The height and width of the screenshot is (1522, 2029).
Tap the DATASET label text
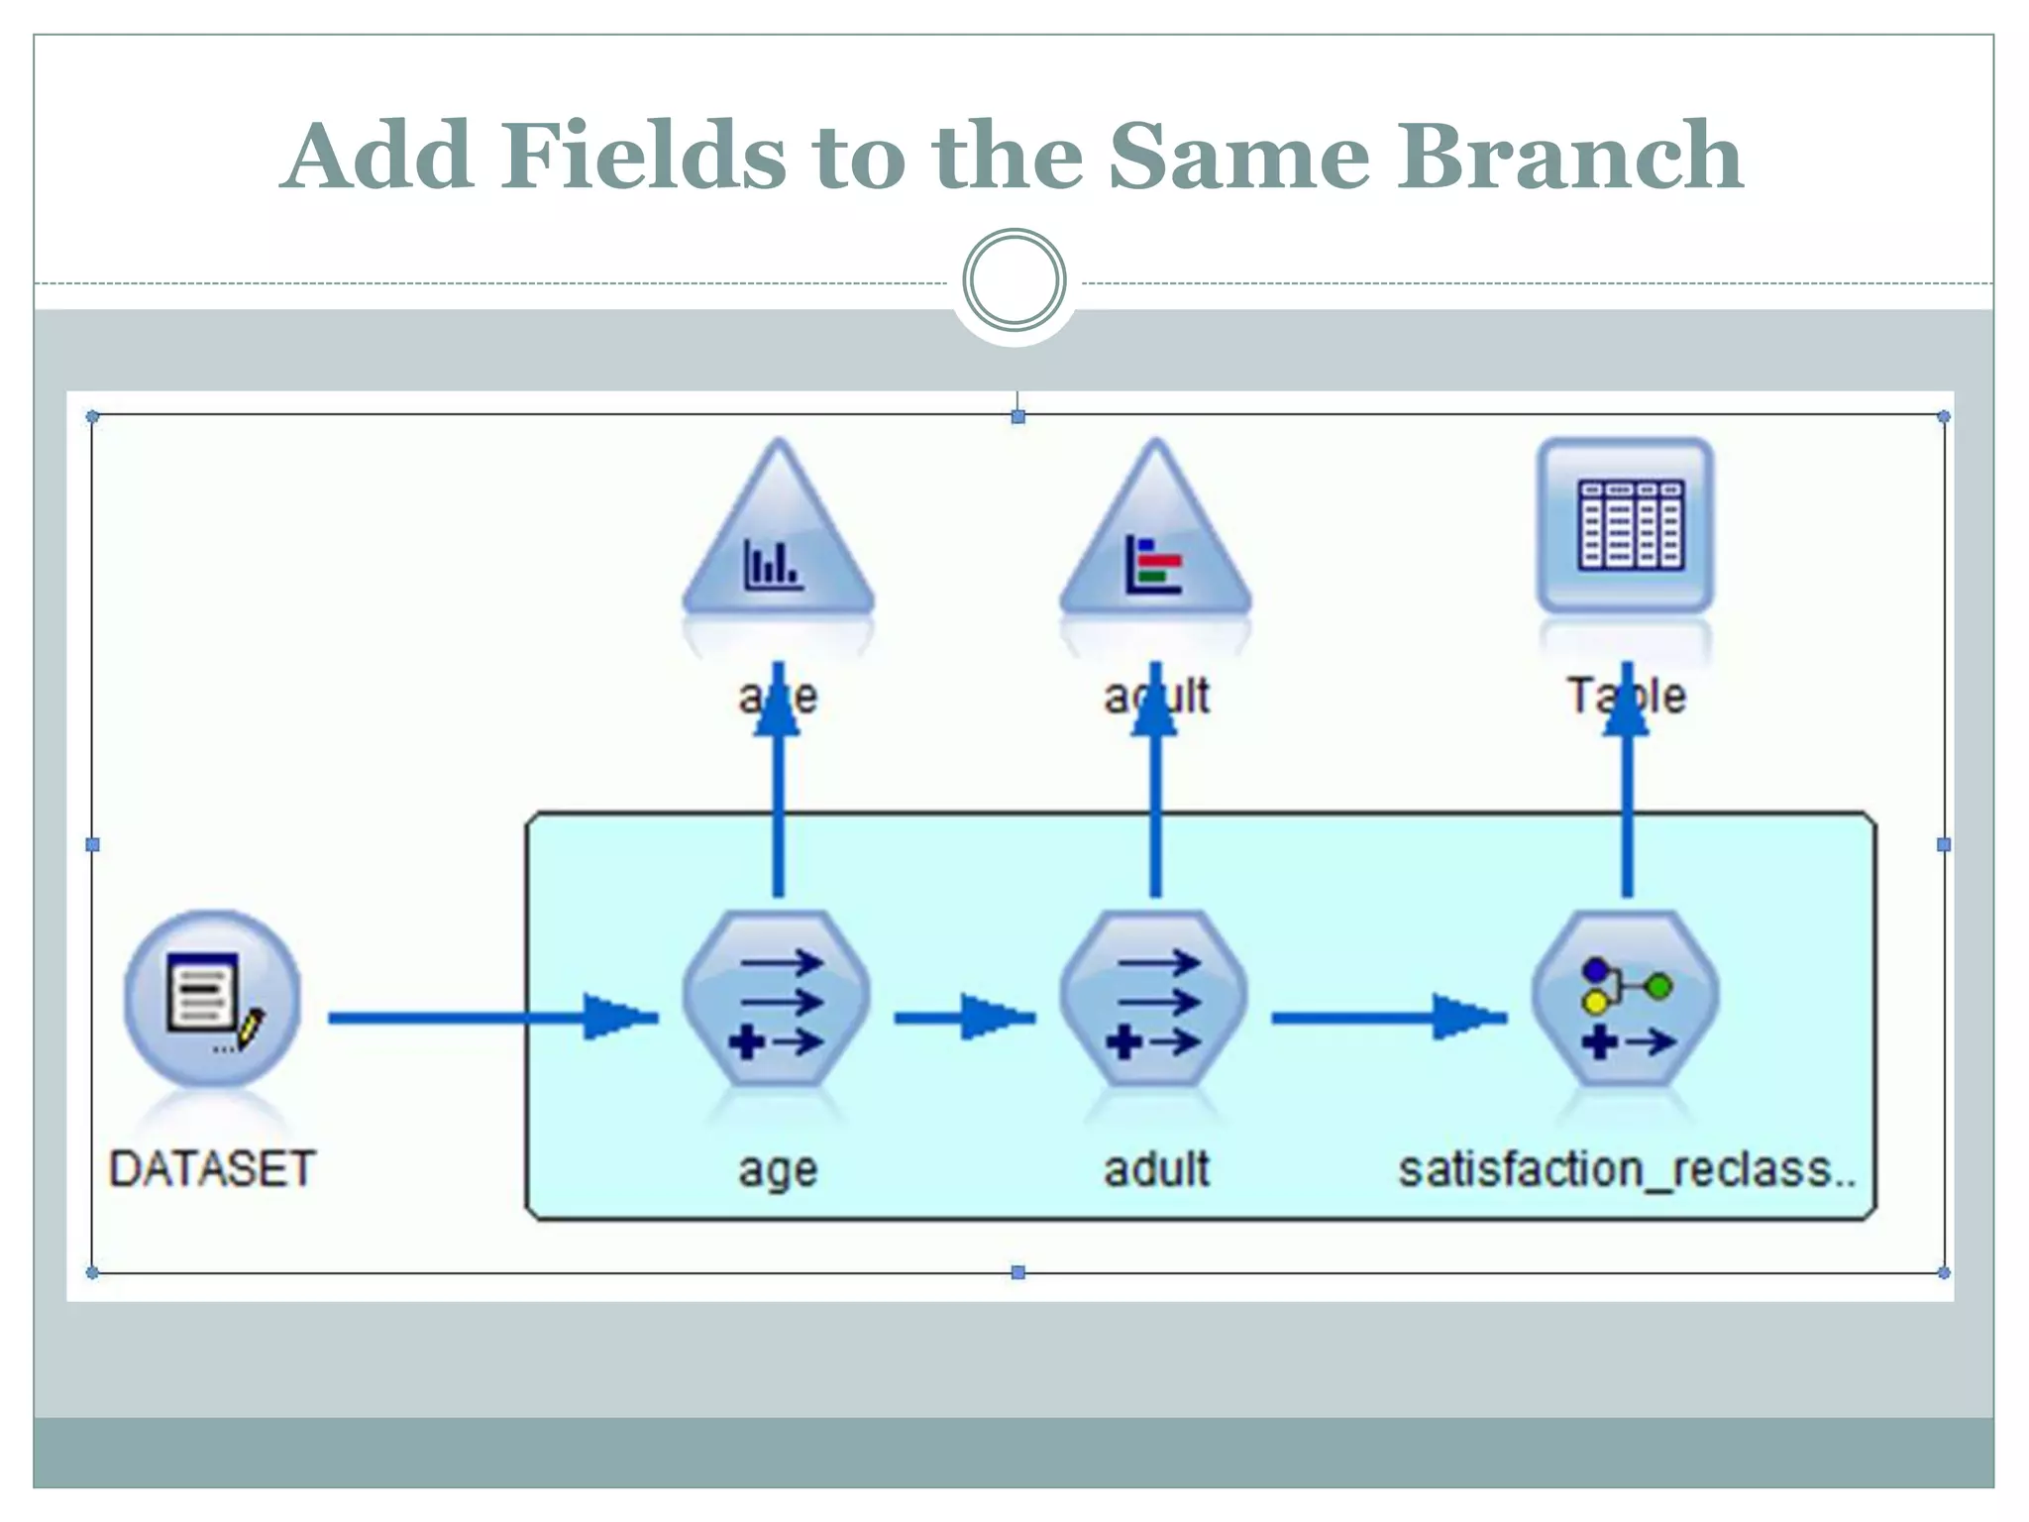pos(212,1168)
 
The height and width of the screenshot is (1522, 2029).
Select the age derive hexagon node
pos(777,999)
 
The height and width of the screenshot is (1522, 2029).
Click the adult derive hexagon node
pos(1154,999)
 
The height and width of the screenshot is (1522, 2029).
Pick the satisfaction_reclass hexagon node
pos(1626,999)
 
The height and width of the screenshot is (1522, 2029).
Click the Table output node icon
pos(1626,525)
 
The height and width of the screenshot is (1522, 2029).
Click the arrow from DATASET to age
pos(493,1018)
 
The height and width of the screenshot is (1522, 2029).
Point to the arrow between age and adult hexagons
pos(965,1018)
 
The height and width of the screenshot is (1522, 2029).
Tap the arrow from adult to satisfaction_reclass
pos(1390,1018)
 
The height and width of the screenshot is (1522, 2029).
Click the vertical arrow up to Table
pos(1627,780)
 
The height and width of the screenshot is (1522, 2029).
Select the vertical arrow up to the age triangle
pos(778,780)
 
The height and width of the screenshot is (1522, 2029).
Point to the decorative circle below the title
pos(1014,280)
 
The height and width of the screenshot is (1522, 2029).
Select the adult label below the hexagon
pos(1156,1168)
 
